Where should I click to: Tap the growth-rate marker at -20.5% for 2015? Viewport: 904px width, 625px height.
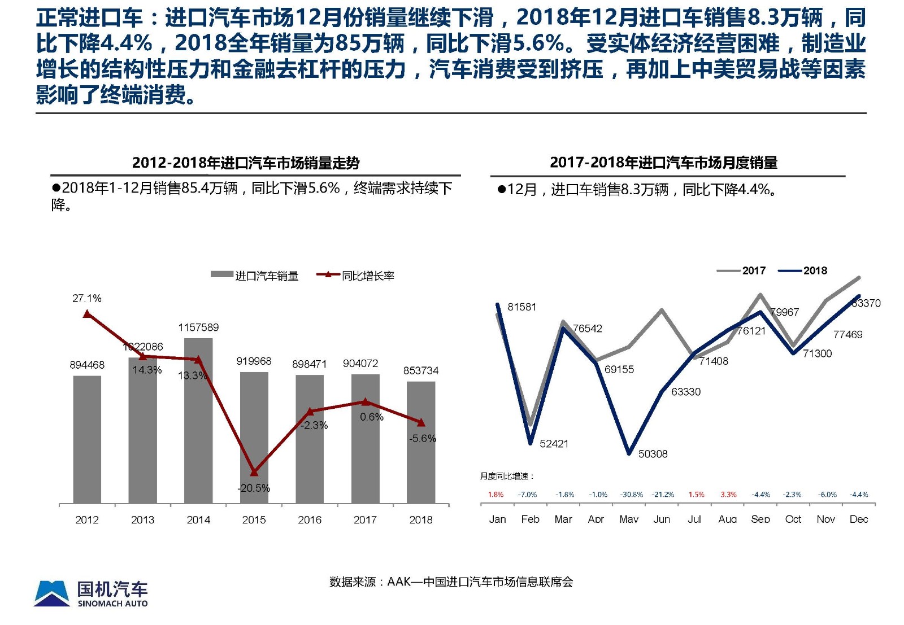254,472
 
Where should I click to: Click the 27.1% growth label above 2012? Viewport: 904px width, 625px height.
87,298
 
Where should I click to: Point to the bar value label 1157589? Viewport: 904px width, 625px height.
198,327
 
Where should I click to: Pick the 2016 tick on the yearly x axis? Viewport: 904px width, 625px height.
310,519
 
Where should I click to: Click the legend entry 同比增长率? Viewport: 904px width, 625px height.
356,276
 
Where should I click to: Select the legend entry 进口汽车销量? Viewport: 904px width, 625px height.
255,276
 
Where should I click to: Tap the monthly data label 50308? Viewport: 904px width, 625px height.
653,454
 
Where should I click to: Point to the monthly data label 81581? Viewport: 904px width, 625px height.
521,307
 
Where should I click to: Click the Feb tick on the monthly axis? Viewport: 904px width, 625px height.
530,519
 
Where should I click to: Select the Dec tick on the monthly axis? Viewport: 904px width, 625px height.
858,519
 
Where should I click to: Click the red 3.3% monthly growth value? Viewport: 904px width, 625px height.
728,495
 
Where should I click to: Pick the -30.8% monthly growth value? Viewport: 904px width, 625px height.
631,495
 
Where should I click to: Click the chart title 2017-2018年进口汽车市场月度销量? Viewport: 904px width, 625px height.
663,163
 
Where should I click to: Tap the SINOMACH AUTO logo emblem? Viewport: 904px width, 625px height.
52,593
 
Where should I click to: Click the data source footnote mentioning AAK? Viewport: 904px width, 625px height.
451,582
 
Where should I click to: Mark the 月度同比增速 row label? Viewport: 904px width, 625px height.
507,476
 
